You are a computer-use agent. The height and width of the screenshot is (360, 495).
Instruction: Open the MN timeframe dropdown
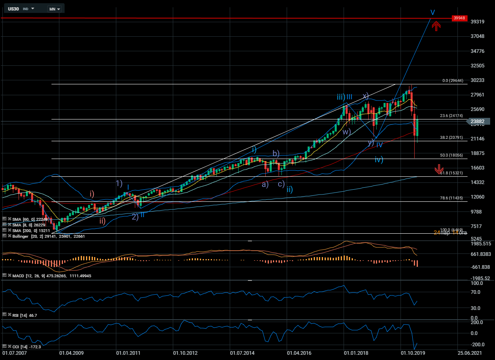point(54,8)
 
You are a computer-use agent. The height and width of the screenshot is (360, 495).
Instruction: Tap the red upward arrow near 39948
point(436,26)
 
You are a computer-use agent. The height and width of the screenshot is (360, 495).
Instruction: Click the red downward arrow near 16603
point(439,170)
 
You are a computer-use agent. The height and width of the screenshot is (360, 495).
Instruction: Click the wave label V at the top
point(432,13)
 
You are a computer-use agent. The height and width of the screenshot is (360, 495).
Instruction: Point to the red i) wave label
point(92,194)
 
